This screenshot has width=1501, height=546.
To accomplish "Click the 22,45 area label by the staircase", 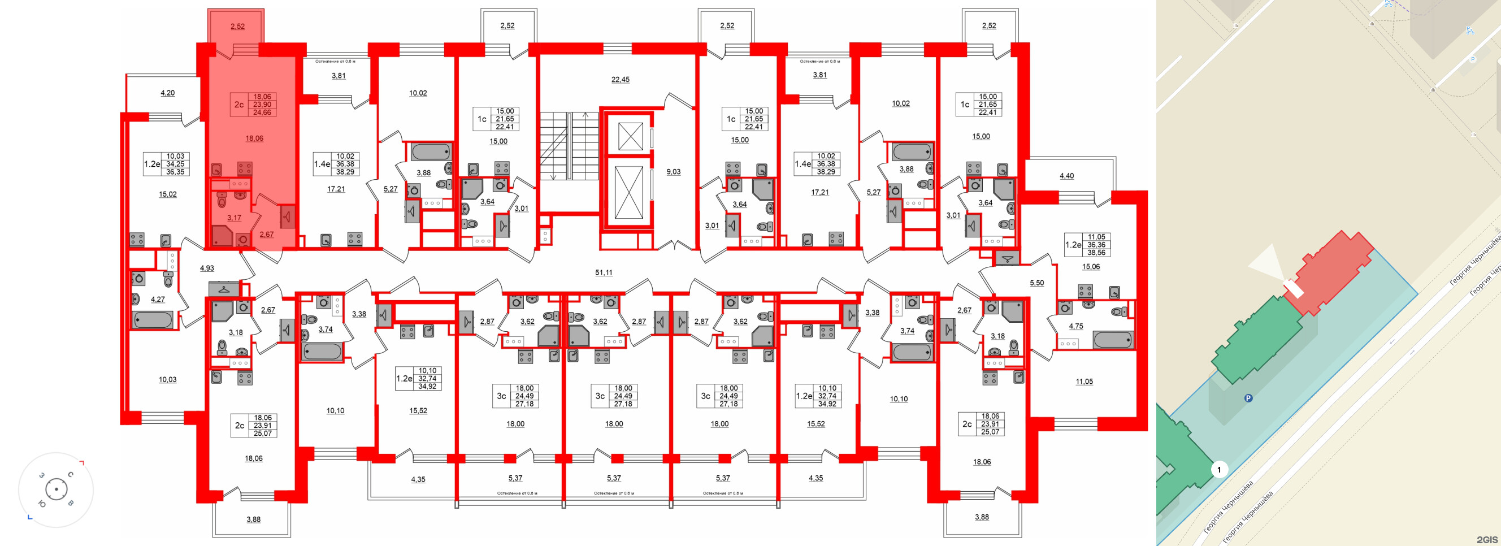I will click(x=620, y=80).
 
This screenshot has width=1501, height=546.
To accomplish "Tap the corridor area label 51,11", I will click(x=604, y=272).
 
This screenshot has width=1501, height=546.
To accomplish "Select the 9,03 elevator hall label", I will click(x=673, y=172).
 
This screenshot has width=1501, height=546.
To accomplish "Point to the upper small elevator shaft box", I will click(x=630, y=136).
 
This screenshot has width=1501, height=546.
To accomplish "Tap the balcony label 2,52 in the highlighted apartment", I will click(x=237, y=26).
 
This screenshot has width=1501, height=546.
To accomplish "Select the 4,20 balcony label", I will click(x=167, y=93).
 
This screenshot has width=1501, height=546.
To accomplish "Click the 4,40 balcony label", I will click(x=1066, y=176).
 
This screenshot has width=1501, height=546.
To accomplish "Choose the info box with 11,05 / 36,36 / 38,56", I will click(x=1087, y=245).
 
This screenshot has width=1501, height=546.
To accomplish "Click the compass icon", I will click(x=56, y=489).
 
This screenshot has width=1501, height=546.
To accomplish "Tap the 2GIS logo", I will click(x=1486, y=540).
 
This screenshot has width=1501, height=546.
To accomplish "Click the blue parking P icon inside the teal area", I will click(x=1248, y=398).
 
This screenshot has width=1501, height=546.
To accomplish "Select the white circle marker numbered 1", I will click(x=1218, y=469).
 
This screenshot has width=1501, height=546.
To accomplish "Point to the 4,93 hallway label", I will click(x=207, y=268).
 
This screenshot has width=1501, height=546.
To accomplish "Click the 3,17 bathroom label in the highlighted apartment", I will click(x=233, y=218).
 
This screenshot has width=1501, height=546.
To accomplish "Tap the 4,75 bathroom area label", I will click(x=1075, y=326).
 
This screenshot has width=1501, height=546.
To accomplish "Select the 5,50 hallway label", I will click(x=1036, y=283).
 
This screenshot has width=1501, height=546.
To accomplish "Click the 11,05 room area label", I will click(x=1084, y=382).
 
